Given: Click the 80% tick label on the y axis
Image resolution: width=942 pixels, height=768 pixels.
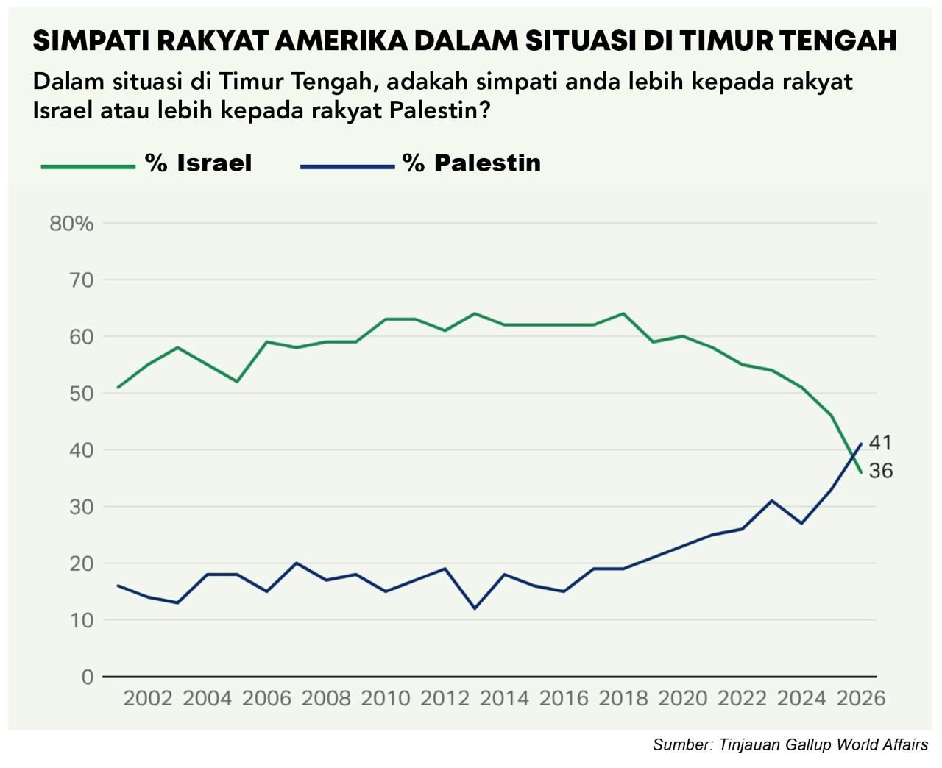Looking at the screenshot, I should [71, 224].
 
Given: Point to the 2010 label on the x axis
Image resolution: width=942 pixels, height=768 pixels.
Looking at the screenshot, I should [386, 698].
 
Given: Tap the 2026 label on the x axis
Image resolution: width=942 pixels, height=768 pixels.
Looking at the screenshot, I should [860, 698].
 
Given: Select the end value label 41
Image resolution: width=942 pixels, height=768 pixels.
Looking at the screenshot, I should [880, 443].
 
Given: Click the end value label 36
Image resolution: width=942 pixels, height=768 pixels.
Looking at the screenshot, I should [880, 471].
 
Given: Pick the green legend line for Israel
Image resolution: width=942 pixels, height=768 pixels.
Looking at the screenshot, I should [88, 166].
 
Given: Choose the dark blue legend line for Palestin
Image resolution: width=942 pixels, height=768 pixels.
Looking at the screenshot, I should [347, 166].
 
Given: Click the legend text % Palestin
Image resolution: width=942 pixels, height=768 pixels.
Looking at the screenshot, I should [471, 163].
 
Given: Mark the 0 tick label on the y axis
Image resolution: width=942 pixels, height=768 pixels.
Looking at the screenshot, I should [88, 677].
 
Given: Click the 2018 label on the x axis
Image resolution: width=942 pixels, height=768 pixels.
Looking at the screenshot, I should [623, 698].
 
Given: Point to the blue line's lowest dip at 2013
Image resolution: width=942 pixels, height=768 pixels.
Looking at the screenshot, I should [475, 608].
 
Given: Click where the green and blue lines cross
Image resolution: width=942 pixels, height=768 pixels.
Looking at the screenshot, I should [854, 458].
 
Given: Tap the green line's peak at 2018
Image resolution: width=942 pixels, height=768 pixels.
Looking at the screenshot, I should [623, 313].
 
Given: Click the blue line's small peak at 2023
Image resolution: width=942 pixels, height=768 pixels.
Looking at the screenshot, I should [771, 500].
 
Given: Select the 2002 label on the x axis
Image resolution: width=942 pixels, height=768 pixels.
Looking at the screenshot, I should [148, 698].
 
